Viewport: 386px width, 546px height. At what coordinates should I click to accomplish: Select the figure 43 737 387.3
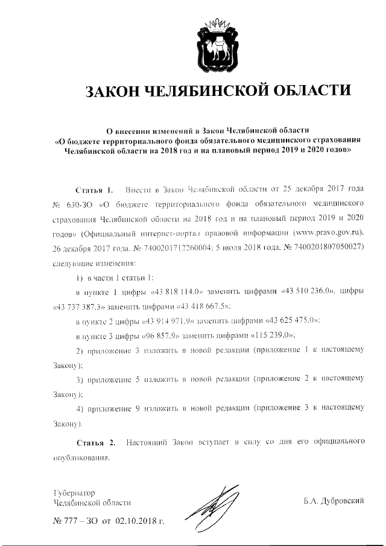coord(76,306)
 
